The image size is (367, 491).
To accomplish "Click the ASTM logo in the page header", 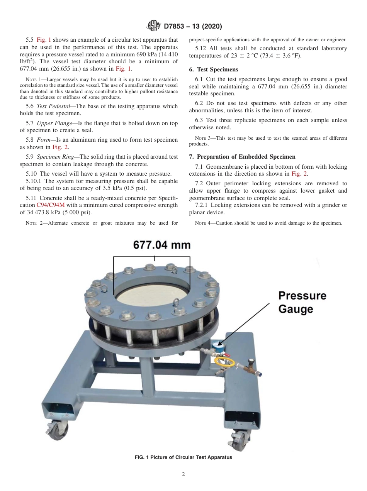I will (x=154, y=27).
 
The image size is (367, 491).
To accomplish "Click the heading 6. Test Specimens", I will (x=213, y=69).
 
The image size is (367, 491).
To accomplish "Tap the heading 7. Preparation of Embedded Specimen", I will (x=242, y=157).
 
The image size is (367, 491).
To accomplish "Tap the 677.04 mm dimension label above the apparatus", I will (x=162, y=245).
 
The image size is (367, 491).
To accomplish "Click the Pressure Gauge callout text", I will (x=302, y=302).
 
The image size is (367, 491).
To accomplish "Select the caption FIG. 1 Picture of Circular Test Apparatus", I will (x=183, y=457).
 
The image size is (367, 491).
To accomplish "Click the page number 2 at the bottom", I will (x=183, y=474).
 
